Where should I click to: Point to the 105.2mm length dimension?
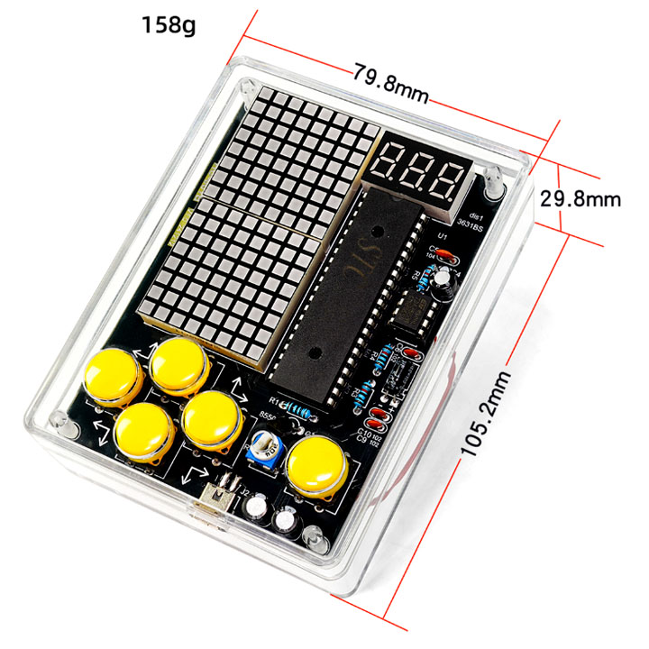[489, 402]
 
